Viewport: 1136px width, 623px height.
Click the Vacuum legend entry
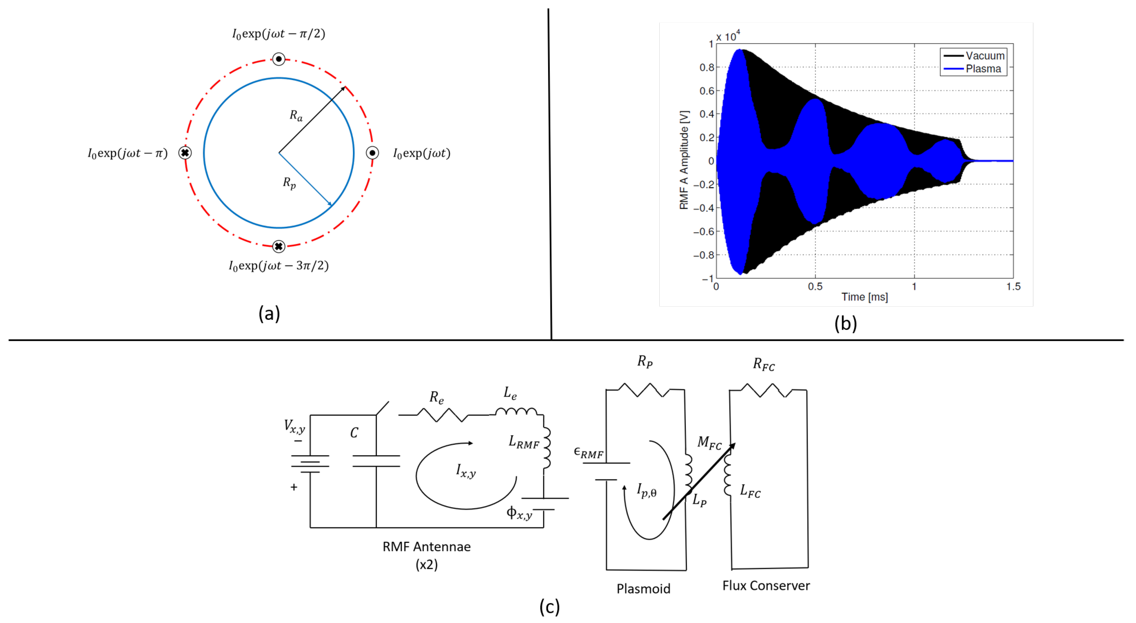pos(984,55)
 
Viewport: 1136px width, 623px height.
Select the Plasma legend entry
pos(983,69)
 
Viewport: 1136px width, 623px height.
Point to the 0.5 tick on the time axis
pos(815,287)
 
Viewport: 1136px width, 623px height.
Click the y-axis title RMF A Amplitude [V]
pos(684,160)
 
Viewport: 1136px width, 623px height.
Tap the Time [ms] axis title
pos(864,297)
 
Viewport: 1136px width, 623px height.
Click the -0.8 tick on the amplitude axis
pos(703,255)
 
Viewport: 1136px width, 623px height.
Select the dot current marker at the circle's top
pos(279,59)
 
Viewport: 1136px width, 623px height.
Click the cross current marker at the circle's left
pos(185,153)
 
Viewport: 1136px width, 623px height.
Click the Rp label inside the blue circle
pos(289,183)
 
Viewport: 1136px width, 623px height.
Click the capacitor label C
pos(354,433)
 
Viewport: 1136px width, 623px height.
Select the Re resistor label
pos(436,398)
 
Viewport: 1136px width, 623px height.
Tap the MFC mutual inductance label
pos(709,443)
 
